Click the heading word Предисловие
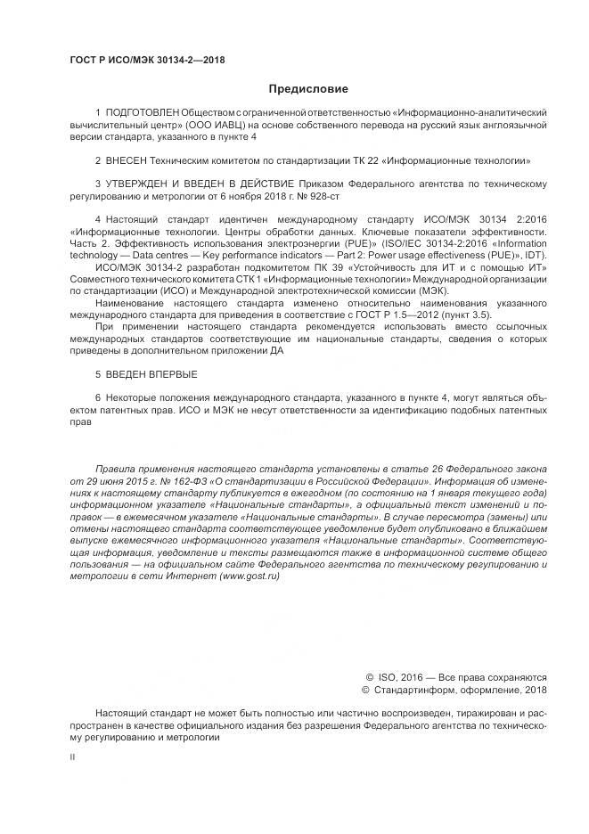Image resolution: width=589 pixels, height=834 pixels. (308, 89)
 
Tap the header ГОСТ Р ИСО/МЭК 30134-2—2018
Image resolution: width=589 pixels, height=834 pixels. (147, 61)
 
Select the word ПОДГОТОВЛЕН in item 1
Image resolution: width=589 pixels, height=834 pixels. (142, 113)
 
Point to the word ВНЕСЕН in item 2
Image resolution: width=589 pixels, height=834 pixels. (127, 161)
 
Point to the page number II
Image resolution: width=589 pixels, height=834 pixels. (72, 756)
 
